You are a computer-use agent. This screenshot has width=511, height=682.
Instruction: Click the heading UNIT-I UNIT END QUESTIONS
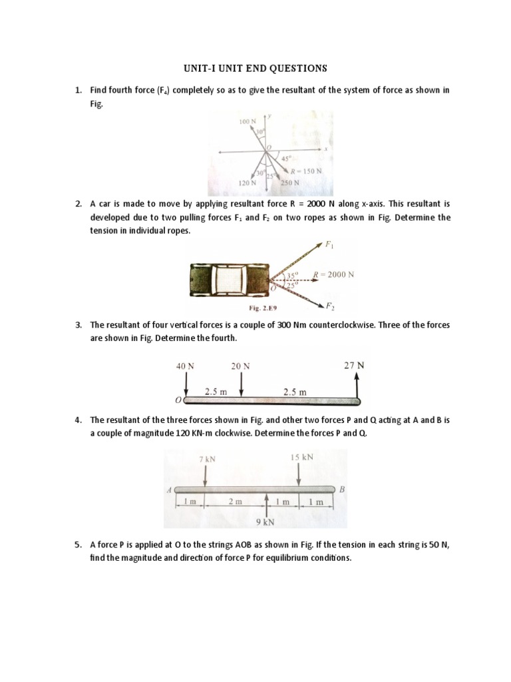255,68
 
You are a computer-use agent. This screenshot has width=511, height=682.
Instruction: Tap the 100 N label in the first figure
248,123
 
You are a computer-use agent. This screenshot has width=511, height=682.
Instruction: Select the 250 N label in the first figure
290,182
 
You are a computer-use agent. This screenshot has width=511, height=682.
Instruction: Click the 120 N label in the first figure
248,182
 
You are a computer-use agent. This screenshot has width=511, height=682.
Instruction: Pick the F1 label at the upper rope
329,245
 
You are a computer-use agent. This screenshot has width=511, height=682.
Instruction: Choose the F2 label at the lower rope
329,306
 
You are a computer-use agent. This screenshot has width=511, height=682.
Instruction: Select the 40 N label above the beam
186,366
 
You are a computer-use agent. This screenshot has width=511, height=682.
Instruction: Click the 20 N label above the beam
240,366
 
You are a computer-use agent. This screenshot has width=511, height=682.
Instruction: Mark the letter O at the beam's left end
178,401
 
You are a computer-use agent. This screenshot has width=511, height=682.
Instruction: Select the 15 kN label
301,457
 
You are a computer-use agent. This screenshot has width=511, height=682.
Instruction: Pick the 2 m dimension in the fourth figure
235,502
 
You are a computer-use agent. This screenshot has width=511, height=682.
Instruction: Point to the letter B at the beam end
343,490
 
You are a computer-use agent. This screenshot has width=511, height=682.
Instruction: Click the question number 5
78,544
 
